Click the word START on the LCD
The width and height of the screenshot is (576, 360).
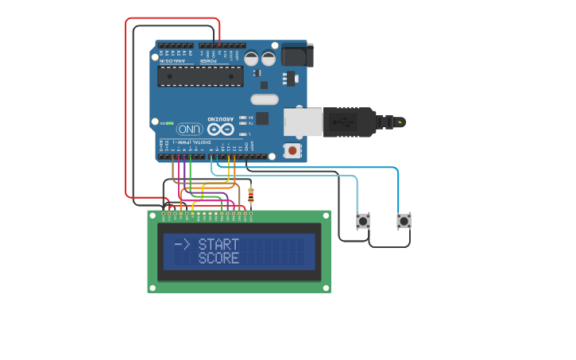tap(218, 245)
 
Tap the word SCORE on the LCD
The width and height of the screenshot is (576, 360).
tap(218, 258)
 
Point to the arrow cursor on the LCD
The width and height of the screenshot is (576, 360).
tap(181, 245)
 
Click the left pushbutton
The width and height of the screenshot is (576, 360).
tap(363, 221)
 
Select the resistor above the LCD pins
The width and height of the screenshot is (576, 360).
tap(251, 194)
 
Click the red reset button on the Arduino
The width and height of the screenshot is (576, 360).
tap(292, 150)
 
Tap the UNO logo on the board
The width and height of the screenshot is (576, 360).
tap(189, 129)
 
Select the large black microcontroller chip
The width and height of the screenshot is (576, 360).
tap(200, 76)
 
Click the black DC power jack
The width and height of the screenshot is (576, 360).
tap(297, 55)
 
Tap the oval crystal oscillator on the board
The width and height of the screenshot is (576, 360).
tap(265, 99)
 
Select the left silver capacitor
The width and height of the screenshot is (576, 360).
tap(251, 58)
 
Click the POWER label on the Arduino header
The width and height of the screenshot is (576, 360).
tap(207, 60)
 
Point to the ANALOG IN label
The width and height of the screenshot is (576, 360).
tap(173, 60)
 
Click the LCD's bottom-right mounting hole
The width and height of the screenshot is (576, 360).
tap(326, 288)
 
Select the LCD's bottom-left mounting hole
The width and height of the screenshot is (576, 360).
tap(153, 288)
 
